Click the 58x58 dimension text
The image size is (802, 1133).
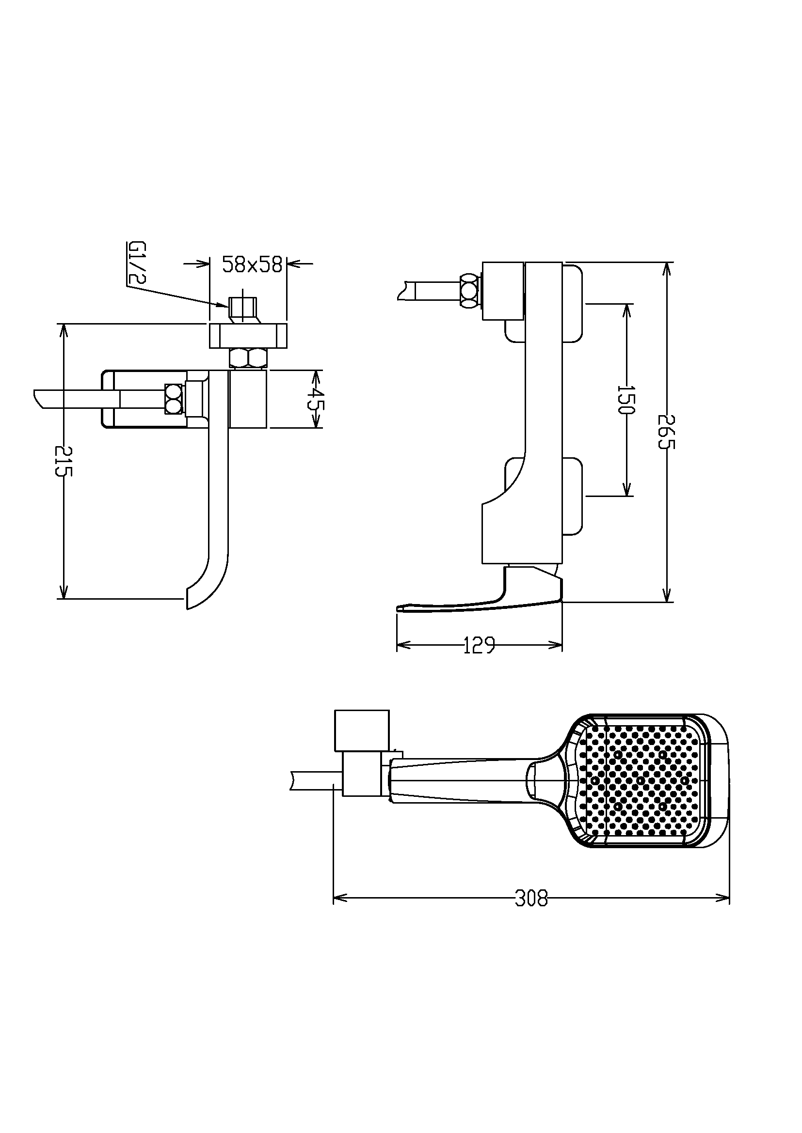coord(252,265)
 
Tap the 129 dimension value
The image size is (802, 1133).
coord(479,645)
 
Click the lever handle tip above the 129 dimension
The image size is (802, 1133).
coord(401,609)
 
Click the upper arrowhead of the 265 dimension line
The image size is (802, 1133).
coord(667,266)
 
